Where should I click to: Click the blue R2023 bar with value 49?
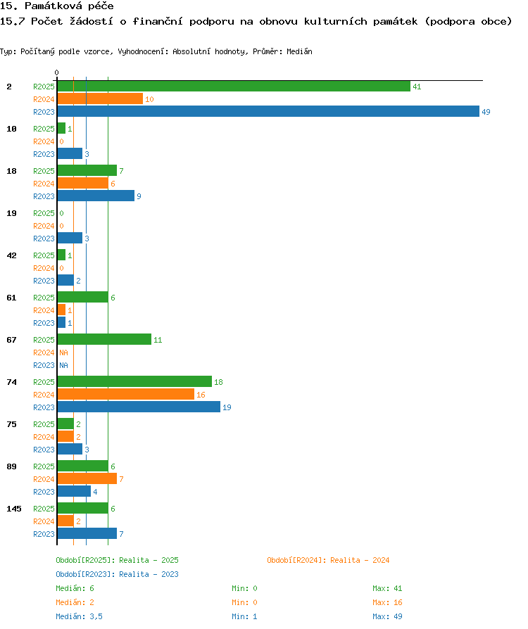click(268, 112)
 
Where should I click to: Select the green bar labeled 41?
click(234, 87)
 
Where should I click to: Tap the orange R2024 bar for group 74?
click(126, 394)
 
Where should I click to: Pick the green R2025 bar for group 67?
click(104, 339)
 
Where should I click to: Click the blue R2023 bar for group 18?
click(96, 196)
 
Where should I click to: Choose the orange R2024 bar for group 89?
click(87, 478)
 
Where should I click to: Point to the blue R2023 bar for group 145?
click(87, 533)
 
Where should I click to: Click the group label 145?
click(14, 509)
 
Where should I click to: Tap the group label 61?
click(12, 298)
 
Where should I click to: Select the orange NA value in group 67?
click(64, 352)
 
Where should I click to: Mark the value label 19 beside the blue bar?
click(227, 407)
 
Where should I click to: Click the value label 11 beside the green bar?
click(158, 340)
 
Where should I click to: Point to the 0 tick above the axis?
click(56, 72)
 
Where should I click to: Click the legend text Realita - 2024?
click(360, 560)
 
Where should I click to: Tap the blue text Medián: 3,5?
click(79, 616)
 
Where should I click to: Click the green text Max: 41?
click(387, 588)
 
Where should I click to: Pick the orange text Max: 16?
click(387, 602)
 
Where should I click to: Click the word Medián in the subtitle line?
click(299, 51)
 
